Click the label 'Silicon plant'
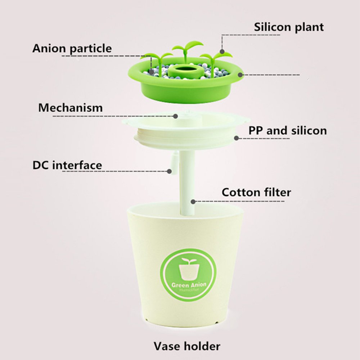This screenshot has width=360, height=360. (289, 27)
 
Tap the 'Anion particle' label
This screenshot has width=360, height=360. (72, 49)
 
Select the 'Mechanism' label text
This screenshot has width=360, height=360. (71, 108)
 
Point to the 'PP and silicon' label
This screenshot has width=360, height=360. (288, 131)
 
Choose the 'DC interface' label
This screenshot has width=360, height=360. (67, 165)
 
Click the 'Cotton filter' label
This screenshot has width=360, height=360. (256, 192)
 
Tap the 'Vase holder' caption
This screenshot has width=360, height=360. (187, 346)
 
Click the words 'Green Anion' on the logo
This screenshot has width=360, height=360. (189, 285)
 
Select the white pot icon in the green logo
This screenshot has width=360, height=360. (189, 269)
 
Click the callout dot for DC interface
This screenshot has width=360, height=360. (170, 171)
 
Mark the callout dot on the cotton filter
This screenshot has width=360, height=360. (193, 202)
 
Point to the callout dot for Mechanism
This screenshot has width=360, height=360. (176, 116)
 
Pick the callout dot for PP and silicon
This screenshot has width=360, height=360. (237, 138)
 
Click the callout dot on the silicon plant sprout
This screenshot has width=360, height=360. (222, 51)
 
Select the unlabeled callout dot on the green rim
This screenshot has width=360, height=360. (240, 75)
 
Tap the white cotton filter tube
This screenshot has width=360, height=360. (187, 183)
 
